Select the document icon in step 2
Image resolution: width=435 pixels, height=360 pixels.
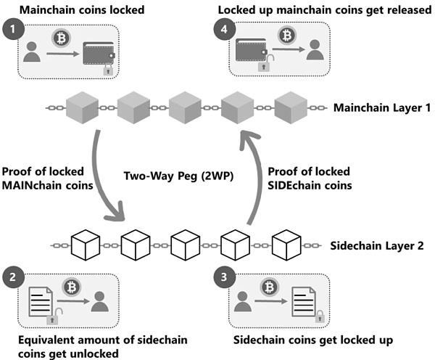[x=41, y=302]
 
